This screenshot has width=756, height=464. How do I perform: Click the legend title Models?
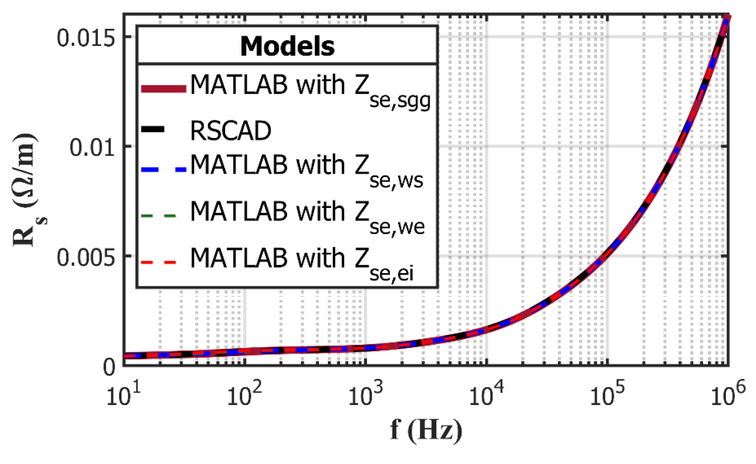point(287,46)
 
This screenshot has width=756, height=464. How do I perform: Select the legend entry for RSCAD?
point(231,131)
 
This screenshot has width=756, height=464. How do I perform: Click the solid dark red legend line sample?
point(164,89)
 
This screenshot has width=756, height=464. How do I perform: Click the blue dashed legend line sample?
point(164,169)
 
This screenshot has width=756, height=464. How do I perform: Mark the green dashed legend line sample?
point(158,216)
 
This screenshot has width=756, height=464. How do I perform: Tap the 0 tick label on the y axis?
point(109,367)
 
